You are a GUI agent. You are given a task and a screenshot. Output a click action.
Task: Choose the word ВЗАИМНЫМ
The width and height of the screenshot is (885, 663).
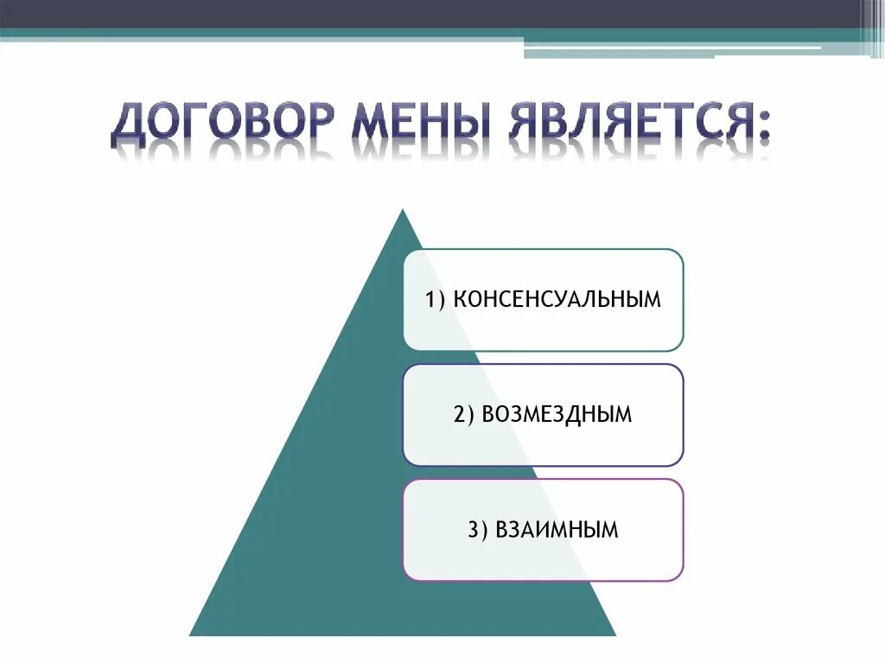[x=557, y=530]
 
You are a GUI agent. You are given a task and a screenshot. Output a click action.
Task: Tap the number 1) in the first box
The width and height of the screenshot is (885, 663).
[x=435, y=300]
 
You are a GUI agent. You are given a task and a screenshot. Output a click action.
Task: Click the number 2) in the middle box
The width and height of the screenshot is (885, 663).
[x=463, y=415]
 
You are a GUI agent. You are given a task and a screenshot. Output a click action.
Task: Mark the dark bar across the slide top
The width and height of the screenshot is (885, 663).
[x=432, y=14]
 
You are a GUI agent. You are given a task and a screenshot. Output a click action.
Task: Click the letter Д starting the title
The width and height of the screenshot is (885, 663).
[x=127, y=128]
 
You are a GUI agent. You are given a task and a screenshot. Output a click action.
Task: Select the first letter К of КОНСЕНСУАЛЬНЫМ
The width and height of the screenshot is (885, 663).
[x=460, y=300]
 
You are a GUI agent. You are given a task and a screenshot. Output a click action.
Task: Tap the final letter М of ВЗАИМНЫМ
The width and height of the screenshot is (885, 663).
[x=610, y=530]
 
